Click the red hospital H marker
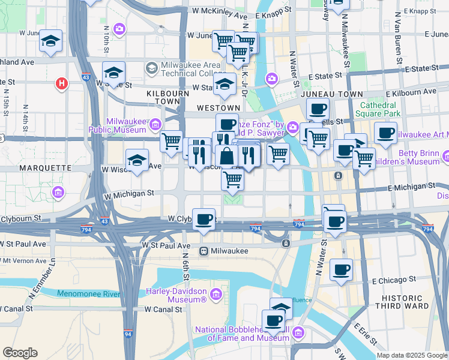click(x=61, y=83)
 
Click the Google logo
click(x=20, y=353)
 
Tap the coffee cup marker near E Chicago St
click(x=341, y=269)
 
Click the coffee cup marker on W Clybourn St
click(x=205, y=219)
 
